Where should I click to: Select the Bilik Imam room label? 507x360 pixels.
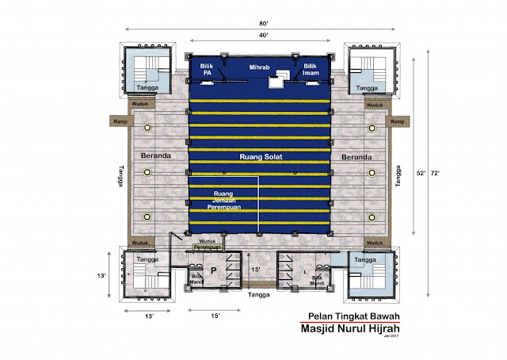tap(311, 70)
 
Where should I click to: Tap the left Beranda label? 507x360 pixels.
tap(157, 156)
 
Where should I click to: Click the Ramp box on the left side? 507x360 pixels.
tap(120, 121)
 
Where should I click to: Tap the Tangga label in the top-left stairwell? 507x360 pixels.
tap(144, 88)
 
